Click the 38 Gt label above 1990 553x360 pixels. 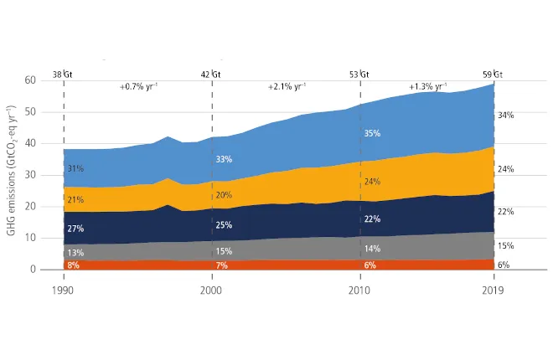[62, 74]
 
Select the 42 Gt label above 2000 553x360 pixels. [210, 74]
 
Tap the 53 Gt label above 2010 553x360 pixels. [359, 74]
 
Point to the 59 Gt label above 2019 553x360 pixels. [493, 74]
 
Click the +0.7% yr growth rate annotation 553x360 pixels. [140, 86]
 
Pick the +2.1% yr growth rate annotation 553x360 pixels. [287, 86]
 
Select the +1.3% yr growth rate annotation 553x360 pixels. [427, 86]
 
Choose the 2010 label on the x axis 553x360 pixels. [359, 291]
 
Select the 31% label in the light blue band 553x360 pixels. [75, 169]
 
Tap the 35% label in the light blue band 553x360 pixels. [373, 133]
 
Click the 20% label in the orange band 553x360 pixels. [224, 195]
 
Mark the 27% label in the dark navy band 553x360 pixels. [75, 228]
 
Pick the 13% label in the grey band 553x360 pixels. [75, 253]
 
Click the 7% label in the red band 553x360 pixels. [222, 265]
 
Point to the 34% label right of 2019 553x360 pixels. [506, 115]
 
